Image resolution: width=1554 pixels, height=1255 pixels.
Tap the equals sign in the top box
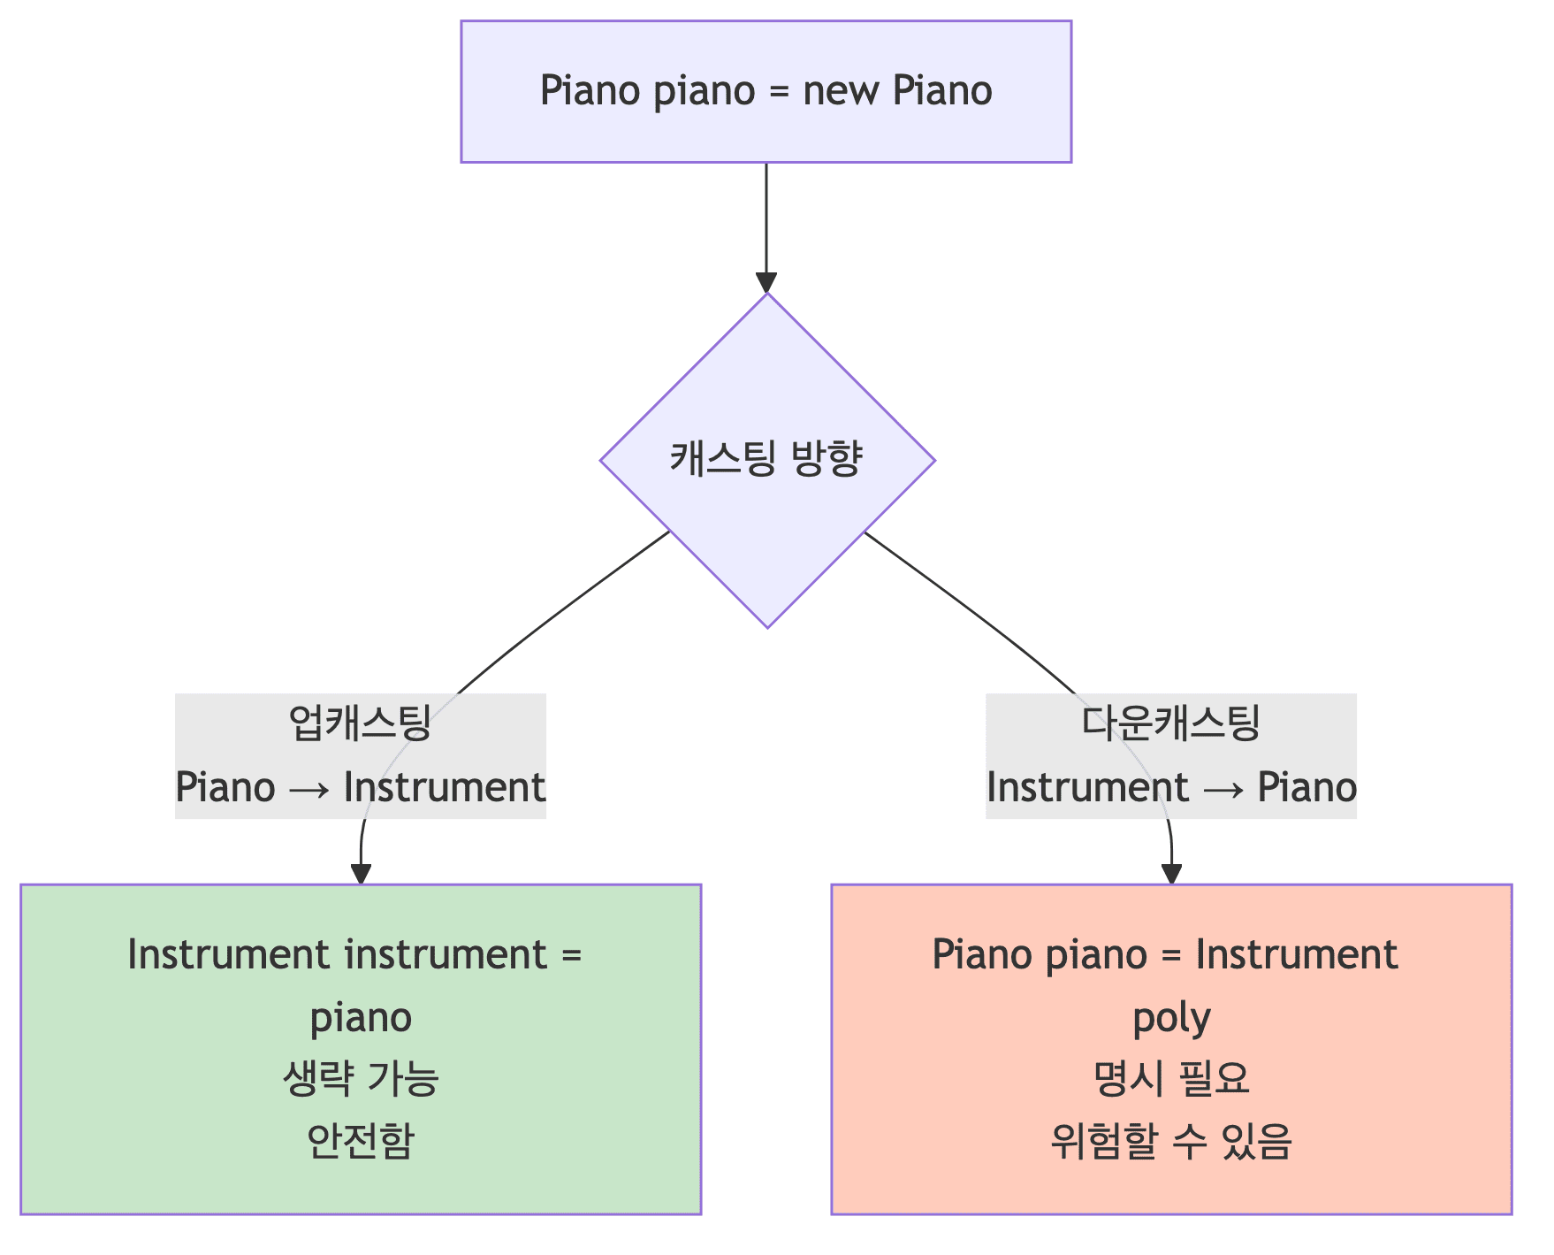pos(778,91)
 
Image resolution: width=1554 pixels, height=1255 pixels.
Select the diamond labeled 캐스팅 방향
pos(767,460)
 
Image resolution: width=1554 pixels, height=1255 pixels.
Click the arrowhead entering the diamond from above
pos(766,282)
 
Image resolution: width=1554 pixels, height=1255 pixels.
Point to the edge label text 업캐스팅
pos(360,723)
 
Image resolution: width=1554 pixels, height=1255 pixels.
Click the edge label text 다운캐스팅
pos(1170,723)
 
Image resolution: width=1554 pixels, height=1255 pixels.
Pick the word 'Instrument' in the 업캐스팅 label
pos(445,787)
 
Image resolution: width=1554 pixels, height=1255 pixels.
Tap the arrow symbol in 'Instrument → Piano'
pos(1223,787)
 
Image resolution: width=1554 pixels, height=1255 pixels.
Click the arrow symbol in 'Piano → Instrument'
pos(309,787)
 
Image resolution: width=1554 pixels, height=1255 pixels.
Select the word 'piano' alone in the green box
pos(361,1018)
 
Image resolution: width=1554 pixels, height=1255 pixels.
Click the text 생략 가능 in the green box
pos(361,1079)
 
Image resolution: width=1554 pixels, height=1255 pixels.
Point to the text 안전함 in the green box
pos(361,1141)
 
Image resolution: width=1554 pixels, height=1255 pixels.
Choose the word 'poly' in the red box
pos(1171,1018)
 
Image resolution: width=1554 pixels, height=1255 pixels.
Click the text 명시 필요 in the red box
pos(1171,1079)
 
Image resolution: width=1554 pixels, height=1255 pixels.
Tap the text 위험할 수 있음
pos(1171,1141)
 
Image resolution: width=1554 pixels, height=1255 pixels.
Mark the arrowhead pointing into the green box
pos(361,874)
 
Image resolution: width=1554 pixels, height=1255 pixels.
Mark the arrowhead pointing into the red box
pos(1171,874)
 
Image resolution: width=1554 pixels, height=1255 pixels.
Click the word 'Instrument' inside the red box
pos(1296,955)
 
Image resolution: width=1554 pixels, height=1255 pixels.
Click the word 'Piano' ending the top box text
pos(942,91)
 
